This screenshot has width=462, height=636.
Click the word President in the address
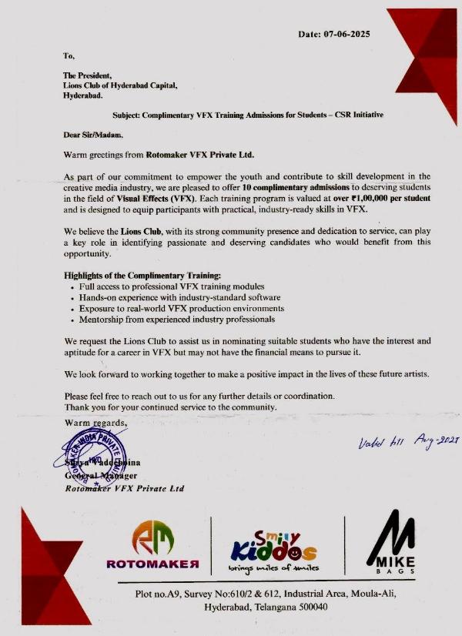pyautogui.click(x=95, y=75)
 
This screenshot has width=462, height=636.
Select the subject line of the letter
pyautogui.click(x=247, y=114)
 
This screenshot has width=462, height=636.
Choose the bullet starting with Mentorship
pyautogui.click(x=176, y=319)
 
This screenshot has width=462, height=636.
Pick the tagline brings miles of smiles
pyautogui.click(x=273, y=568)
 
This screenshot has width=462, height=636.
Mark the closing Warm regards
pyautogui.click(x=95, y=423)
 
